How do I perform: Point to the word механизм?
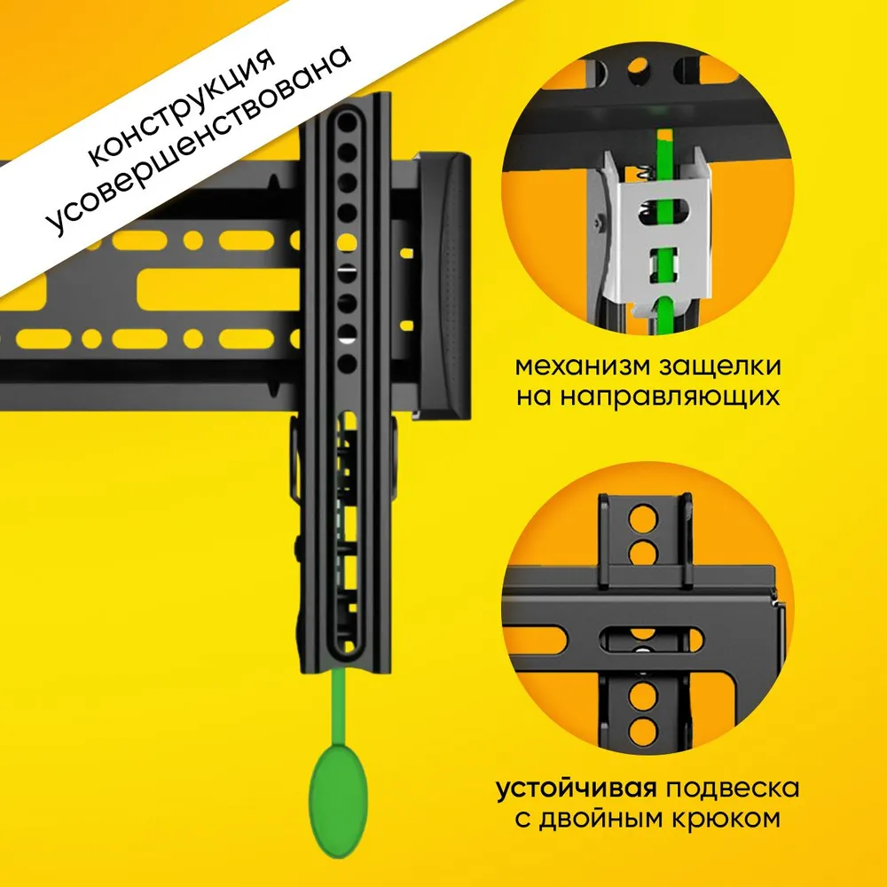pyautogui.click(x=582, y=366)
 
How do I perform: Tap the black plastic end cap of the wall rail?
pyautogui.click(x=443, y=286)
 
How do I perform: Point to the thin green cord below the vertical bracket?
pyautogui.click(x=338, y=708)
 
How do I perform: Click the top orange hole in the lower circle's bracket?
pyautogui.click(x=643, y=519)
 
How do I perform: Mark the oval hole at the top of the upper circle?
pyautogui.click(x=639, y=68)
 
